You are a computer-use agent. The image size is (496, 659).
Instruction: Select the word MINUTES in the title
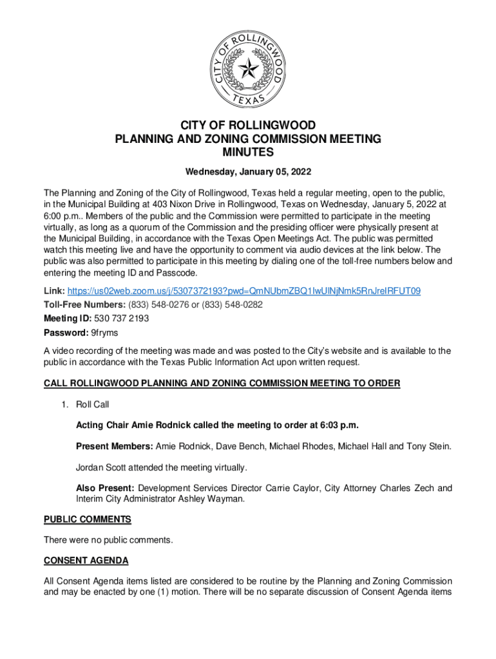pyautogui.click(x=248, y=153)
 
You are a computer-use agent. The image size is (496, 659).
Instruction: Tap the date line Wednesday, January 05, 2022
pyautogui.click(x=248, y=172)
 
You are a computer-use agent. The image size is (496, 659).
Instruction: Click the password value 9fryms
pyautogui.click(x=105, y=333)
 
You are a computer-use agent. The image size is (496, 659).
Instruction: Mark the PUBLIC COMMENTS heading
pyautogui.click(x=88, y=519)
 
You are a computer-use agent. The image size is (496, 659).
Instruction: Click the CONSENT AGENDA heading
pyautogui.click(x=86, y=561)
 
